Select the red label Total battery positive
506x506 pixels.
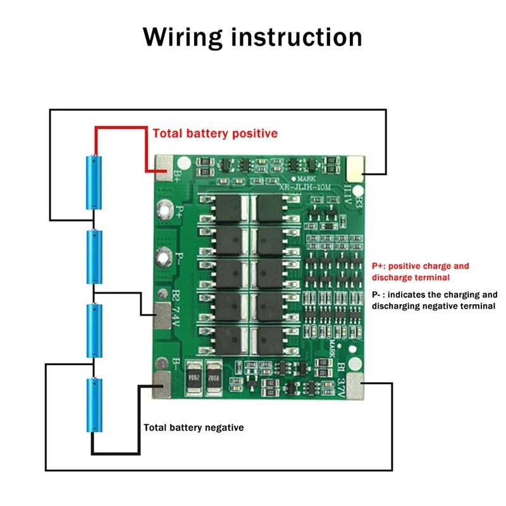point(215,133)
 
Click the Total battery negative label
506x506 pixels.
point(194,428)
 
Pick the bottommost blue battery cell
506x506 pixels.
point(94,405)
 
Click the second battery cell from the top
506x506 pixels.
point(94,257)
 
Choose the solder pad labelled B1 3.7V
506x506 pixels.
point(355,383)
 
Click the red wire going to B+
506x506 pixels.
point(120,128)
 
